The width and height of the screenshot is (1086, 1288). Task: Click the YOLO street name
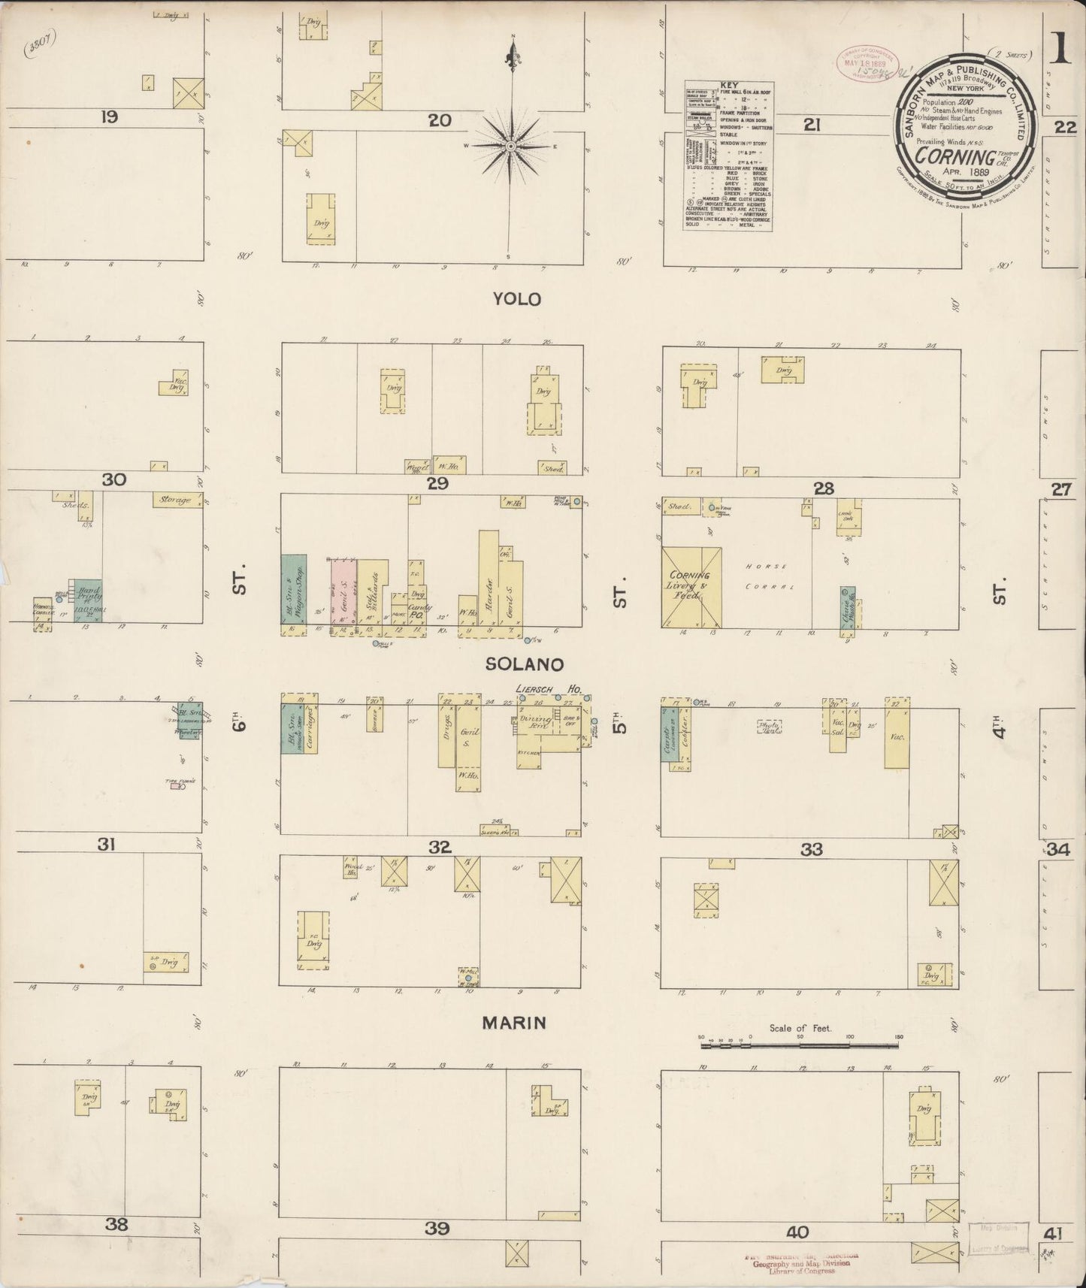click(x=516, y=299)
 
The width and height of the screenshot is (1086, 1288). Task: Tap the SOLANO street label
click(x=525, y=664)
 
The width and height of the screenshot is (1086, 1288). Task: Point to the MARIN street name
click(x=513, y=1023)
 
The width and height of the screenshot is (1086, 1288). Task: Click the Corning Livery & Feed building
click(x=691, y=587)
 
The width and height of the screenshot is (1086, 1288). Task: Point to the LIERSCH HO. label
click(x=540, y=688)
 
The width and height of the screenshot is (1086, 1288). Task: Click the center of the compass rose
click(x=511, y=145)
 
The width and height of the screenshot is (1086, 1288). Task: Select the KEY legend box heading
click(x=728, y=86)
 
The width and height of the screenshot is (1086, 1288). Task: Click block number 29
click(x=437, y=484)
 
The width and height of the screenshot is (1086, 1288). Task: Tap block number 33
click(x=811, y=850)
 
